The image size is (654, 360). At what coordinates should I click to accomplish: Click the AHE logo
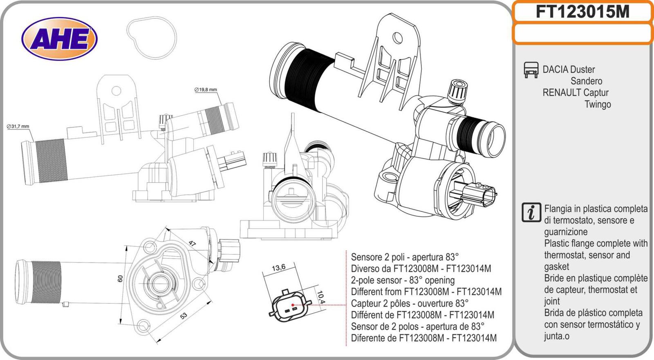coord(59,39)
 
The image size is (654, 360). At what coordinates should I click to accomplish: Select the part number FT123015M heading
coord(582,12)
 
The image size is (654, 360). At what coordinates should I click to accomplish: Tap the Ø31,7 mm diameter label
coord(18,126)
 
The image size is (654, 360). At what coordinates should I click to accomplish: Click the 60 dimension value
coord(120,278)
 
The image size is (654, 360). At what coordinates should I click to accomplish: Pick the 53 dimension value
coord(184,315)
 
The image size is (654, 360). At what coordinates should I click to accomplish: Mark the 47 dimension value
coord(192,244)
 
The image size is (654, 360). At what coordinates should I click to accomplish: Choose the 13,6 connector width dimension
coord(278,268)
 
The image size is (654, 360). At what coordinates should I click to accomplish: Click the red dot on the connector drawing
coord(293,305)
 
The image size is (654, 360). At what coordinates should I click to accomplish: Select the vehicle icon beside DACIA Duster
coord(531,70)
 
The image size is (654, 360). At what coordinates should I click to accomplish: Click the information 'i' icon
coord(531,212)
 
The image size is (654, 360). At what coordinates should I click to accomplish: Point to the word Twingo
coord(598,104)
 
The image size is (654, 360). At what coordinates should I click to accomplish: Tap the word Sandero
coord(586,81)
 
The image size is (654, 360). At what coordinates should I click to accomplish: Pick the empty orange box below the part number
coord(582,34)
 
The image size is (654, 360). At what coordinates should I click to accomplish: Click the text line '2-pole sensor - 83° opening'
coord(403,280)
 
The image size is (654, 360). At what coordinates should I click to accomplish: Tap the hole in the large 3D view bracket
coord(397,38)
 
